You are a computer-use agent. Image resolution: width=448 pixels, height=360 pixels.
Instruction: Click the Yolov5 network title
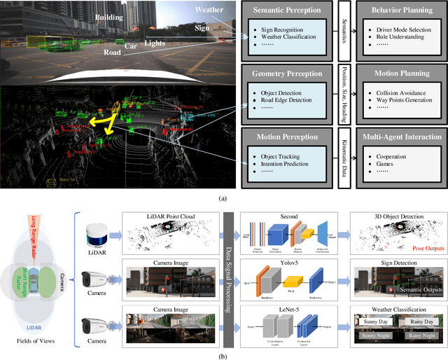click(x=288, y=265)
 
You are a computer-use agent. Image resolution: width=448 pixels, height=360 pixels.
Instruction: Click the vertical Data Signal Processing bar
click(x=230, y=274)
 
